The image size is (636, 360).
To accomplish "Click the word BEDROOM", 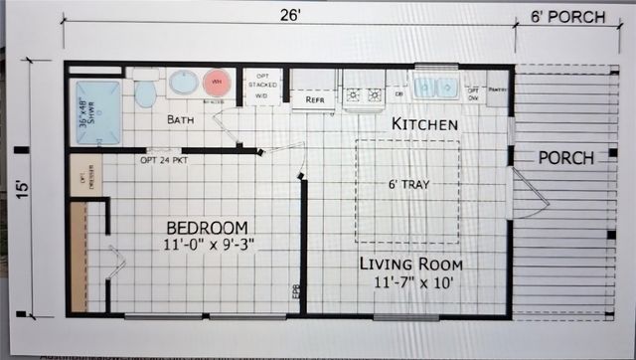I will tap(207, 227).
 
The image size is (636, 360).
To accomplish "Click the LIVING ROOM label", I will tap(410, 265).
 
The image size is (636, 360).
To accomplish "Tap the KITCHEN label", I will tap(424, 124).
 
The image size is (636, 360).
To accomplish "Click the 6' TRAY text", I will tap(408, 184).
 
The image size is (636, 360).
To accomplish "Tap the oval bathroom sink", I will tap(183, 83).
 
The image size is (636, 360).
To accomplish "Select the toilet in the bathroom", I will tap(145, 90).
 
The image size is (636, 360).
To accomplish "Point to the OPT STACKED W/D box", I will tap(262, 86).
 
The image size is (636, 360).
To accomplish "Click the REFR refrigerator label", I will tap(315, 100).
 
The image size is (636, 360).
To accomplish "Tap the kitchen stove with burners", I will tap(364, 94).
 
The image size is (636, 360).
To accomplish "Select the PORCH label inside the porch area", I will tap(566, 158).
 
